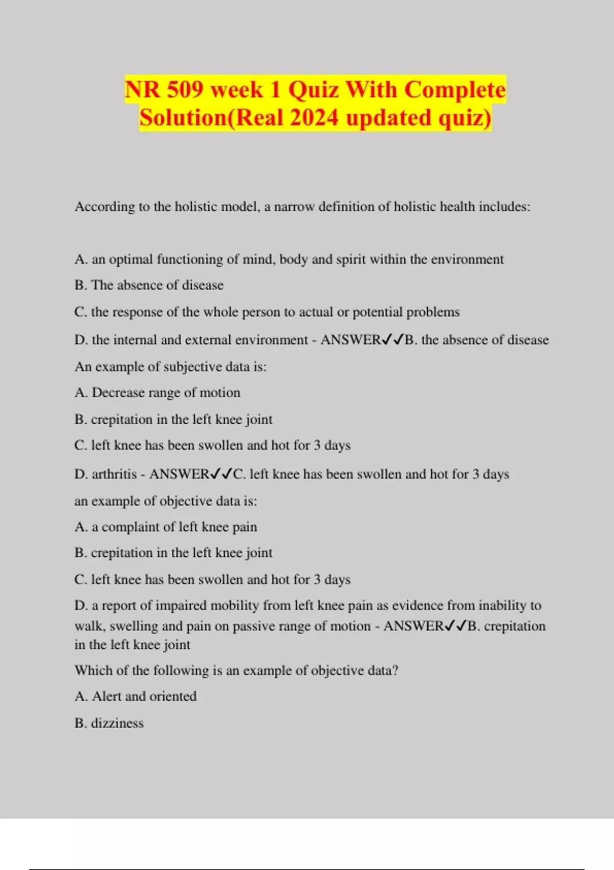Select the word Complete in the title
click(x=455, y=90)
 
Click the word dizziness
click(x=117, y=723)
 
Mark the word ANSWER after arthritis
click(x=179, y=474)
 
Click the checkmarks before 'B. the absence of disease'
click(x=393, y=340)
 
